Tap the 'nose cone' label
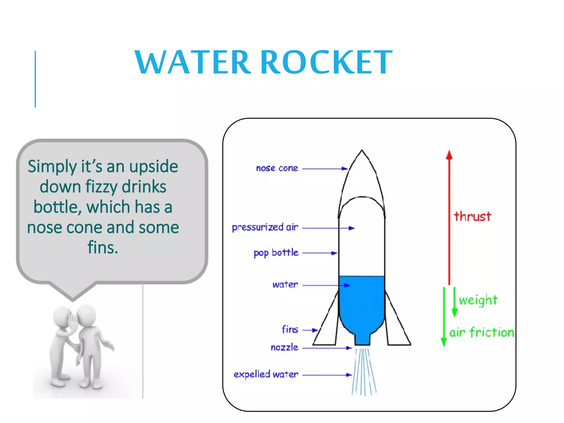(277, 168)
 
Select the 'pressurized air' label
(265, 227)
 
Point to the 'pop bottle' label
(276, 253)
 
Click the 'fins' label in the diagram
(290, 329)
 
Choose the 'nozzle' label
(284, 348)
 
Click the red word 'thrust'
(473, 216)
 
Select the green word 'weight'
(478, 300)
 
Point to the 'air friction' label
(482, 332)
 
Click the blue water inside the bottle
(362, 303)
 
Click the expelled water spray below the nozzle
(364, 372)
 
